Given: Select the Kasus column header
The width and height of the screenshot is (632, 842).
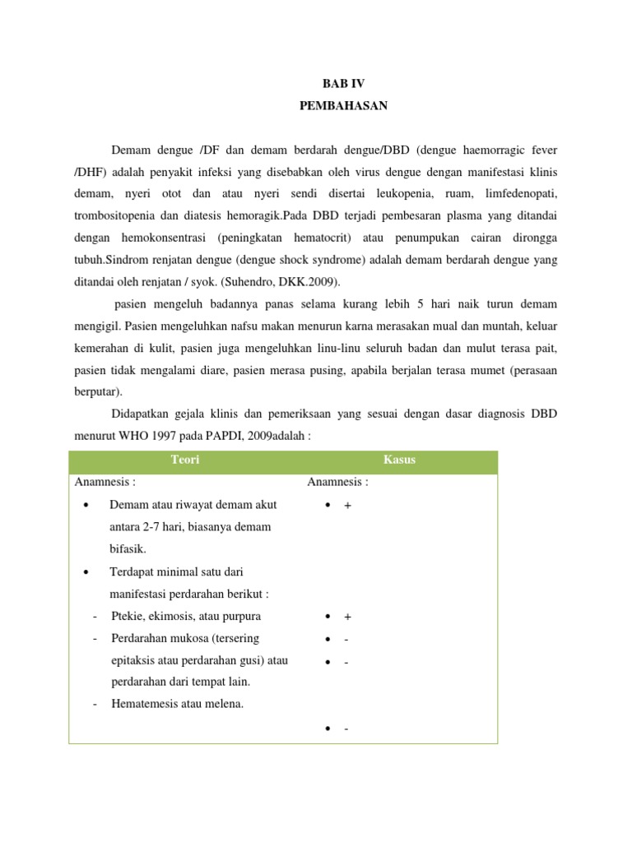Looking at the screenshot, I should click(x=400, y=460).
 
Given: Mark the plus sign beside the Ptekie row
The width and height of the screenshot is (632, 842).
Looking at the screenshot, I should click(x=347, y=617).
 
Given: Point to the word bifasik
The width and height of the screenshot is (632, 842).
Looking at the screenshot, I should click(x=128, y=548).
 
